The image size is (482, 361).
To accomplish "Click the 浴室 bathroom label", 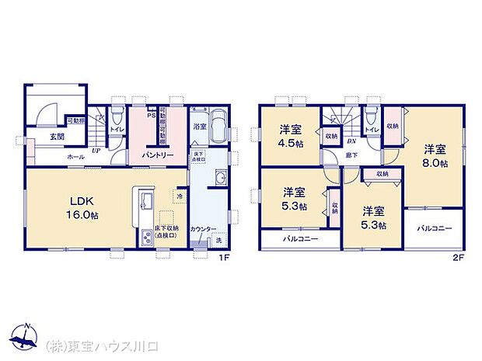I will pos(200,126).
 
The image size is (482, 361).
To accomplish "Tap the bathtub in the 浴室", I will pos(219,123).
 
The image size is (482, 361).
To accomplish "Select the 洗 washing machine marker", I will pos(218,238).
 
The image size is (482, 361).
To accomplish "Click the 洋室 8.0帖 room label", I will pos(435,155).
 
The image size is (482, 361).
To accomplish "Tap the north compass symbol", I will pos(26,336).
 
